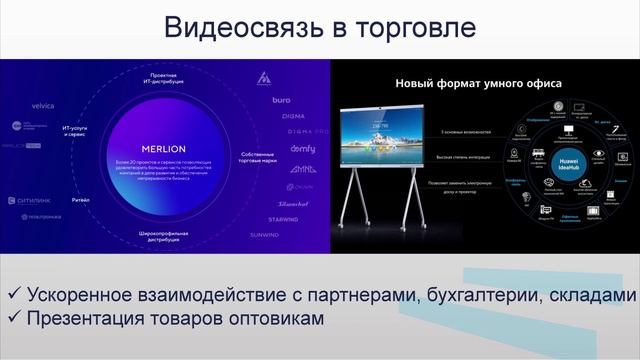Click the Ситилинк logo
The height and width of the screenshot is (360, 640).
click(x=37, y=199)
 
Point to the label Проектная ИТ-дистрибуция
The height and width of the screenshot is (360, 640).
click(x=166, y=84)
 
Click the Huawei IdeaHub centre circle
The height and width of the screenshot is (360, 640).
click(x=566, y=165)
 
